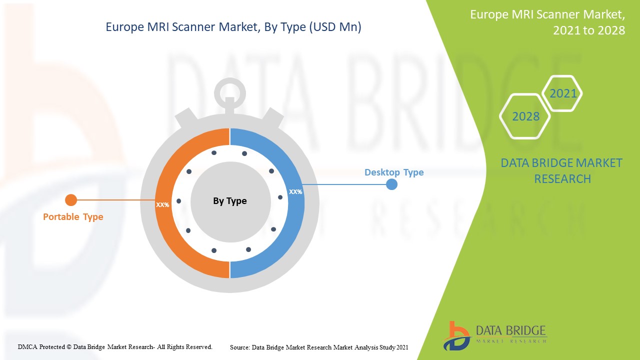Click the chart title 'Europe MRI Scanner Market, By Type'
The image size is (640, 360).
233,27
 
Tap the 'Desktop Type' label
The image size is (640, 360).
394,172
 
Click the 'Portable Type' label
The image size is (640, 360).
73,217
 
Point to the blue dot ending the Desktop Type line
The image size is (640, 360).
392,184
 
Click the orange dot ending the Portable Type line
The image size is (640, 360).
71,200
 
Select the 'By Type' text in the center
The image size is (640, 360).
230,201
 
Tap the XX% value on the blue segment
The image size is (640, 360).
295,191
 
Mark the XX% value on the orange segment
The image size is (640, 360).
162,204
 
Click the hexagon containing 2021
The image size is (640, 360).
563,93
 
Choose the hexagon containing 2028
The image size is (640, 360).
525,116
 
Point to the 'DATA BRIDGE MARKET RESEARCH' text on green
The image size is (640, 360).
562,170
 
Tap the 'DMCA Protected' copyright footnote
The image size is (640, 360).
115,346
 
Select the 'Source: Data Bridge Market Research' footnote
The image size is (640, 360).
319,347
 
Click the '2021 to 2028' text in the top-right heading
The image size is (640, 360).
588,30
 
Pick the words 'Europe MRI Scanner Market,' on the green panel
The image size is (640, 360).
547,14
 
